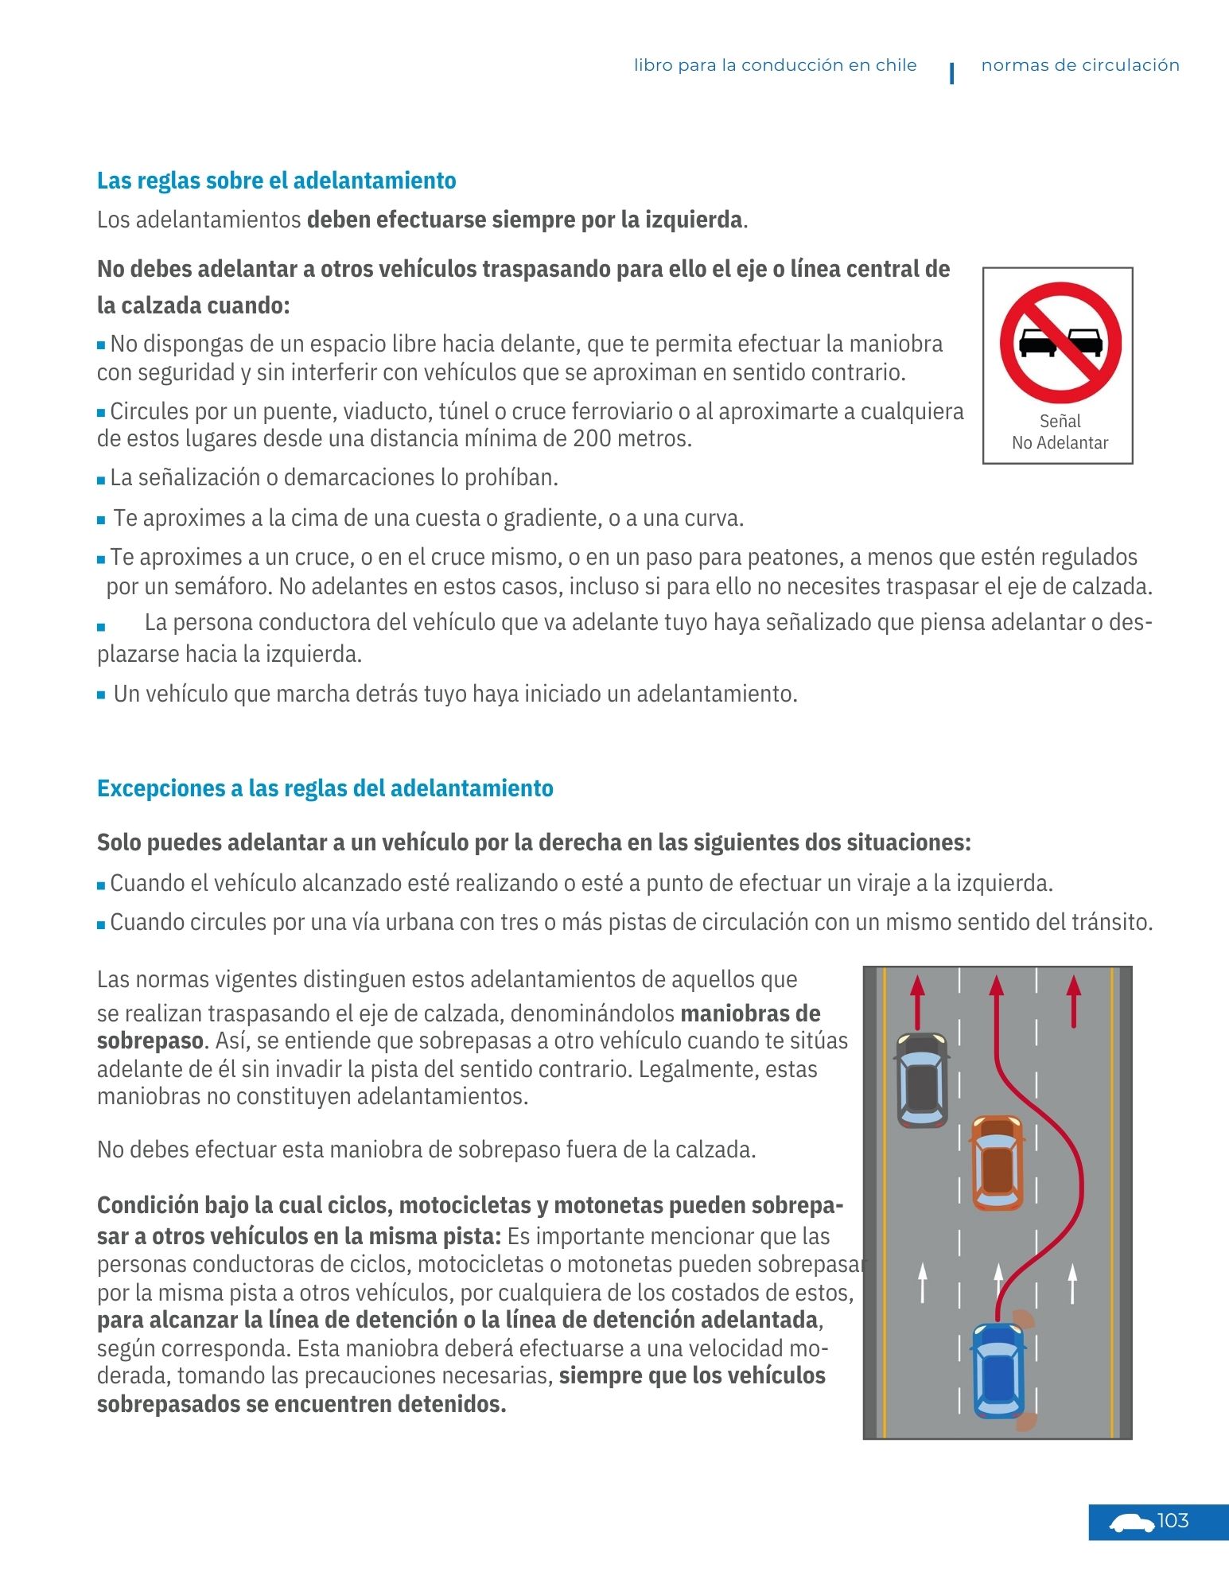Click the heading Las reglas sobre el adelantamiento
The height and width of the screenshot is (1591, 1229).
(276, 181)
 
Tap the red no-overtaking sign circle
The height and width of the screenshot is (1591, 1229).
(1060, 343)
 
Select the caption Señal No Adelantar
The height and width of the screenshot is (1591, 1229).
(1060, 432)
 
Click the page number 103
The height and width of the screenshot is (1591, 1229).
(1173, 1521)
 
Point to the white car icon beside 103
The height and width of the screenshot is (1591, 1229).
(1131, 1523)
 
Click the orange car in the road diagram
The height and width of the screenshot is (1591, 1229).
(998, 1162)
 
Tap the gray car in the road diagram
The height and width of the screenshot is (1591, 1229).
(922, 1079)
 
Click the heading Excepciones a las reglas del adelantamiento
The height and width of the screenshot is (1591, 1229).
(325, 788)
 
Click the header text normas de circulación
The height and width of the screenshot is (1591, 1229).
(1079, 65)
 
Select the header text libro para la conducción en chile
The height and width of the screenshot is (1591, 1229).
(775, 65)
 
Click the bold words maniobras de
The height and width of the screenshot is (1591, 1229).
(750, 1013)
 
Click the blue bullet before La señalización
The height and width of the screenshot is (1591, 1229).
(101, 480)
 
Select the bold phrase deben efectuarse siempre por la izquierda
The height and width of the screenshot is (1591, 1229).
(524, 220)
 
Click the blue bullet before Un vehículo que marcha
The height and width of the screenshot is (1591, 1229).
(101, 694)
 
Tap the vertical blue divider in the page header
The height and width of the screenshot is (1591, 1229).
(951, 72)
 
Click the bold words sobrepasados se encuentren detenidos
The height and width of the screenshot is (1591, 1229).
(301, 1404)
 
